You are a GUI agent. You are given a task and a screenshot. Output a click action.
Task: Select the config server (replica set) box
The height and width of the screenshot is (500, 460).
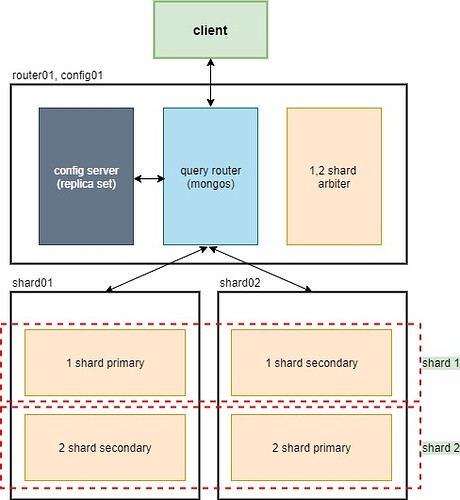point(87,177)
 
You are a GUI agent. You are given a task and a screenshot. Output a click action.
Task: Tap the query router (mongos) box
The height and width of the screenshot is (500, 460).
point(210,177)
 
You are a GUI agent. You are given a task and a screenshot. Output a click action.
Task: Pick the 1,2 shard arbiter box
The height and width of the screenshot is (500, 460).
point(334,177)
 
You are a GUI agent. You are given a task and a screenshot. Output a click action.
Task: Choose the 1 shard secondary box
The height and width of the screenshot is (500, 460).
point(309,362)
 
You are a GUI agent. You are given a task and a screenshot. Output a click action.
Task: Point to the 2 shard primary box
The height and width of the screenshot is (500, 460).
point(309,447)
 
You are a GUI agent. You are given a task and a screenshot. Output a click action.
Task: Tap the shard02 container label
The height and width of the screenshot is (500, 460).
point(240,283)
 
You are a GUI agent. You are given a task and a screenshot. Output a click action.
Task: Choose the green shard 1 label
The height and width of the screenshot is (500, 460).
point(440,362)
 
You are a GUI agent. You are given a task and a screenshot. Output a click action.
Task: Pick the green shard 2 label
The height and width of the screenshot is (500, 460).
point(440,447)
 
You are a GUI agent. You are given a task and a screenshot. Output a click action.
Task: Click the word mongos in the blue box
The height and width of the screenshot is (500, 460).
point(210,184)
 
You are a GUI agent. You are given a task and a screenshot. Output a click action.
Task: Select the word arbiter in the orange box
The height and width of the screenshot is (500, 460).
point(334,184)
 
